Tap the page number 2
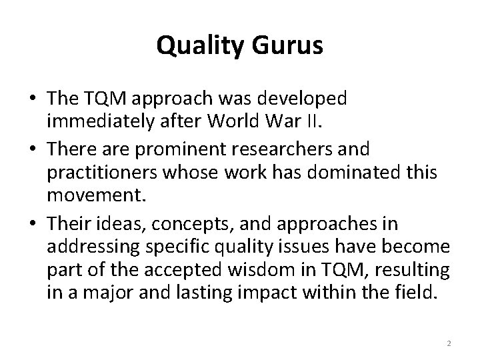coord(449,343)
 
